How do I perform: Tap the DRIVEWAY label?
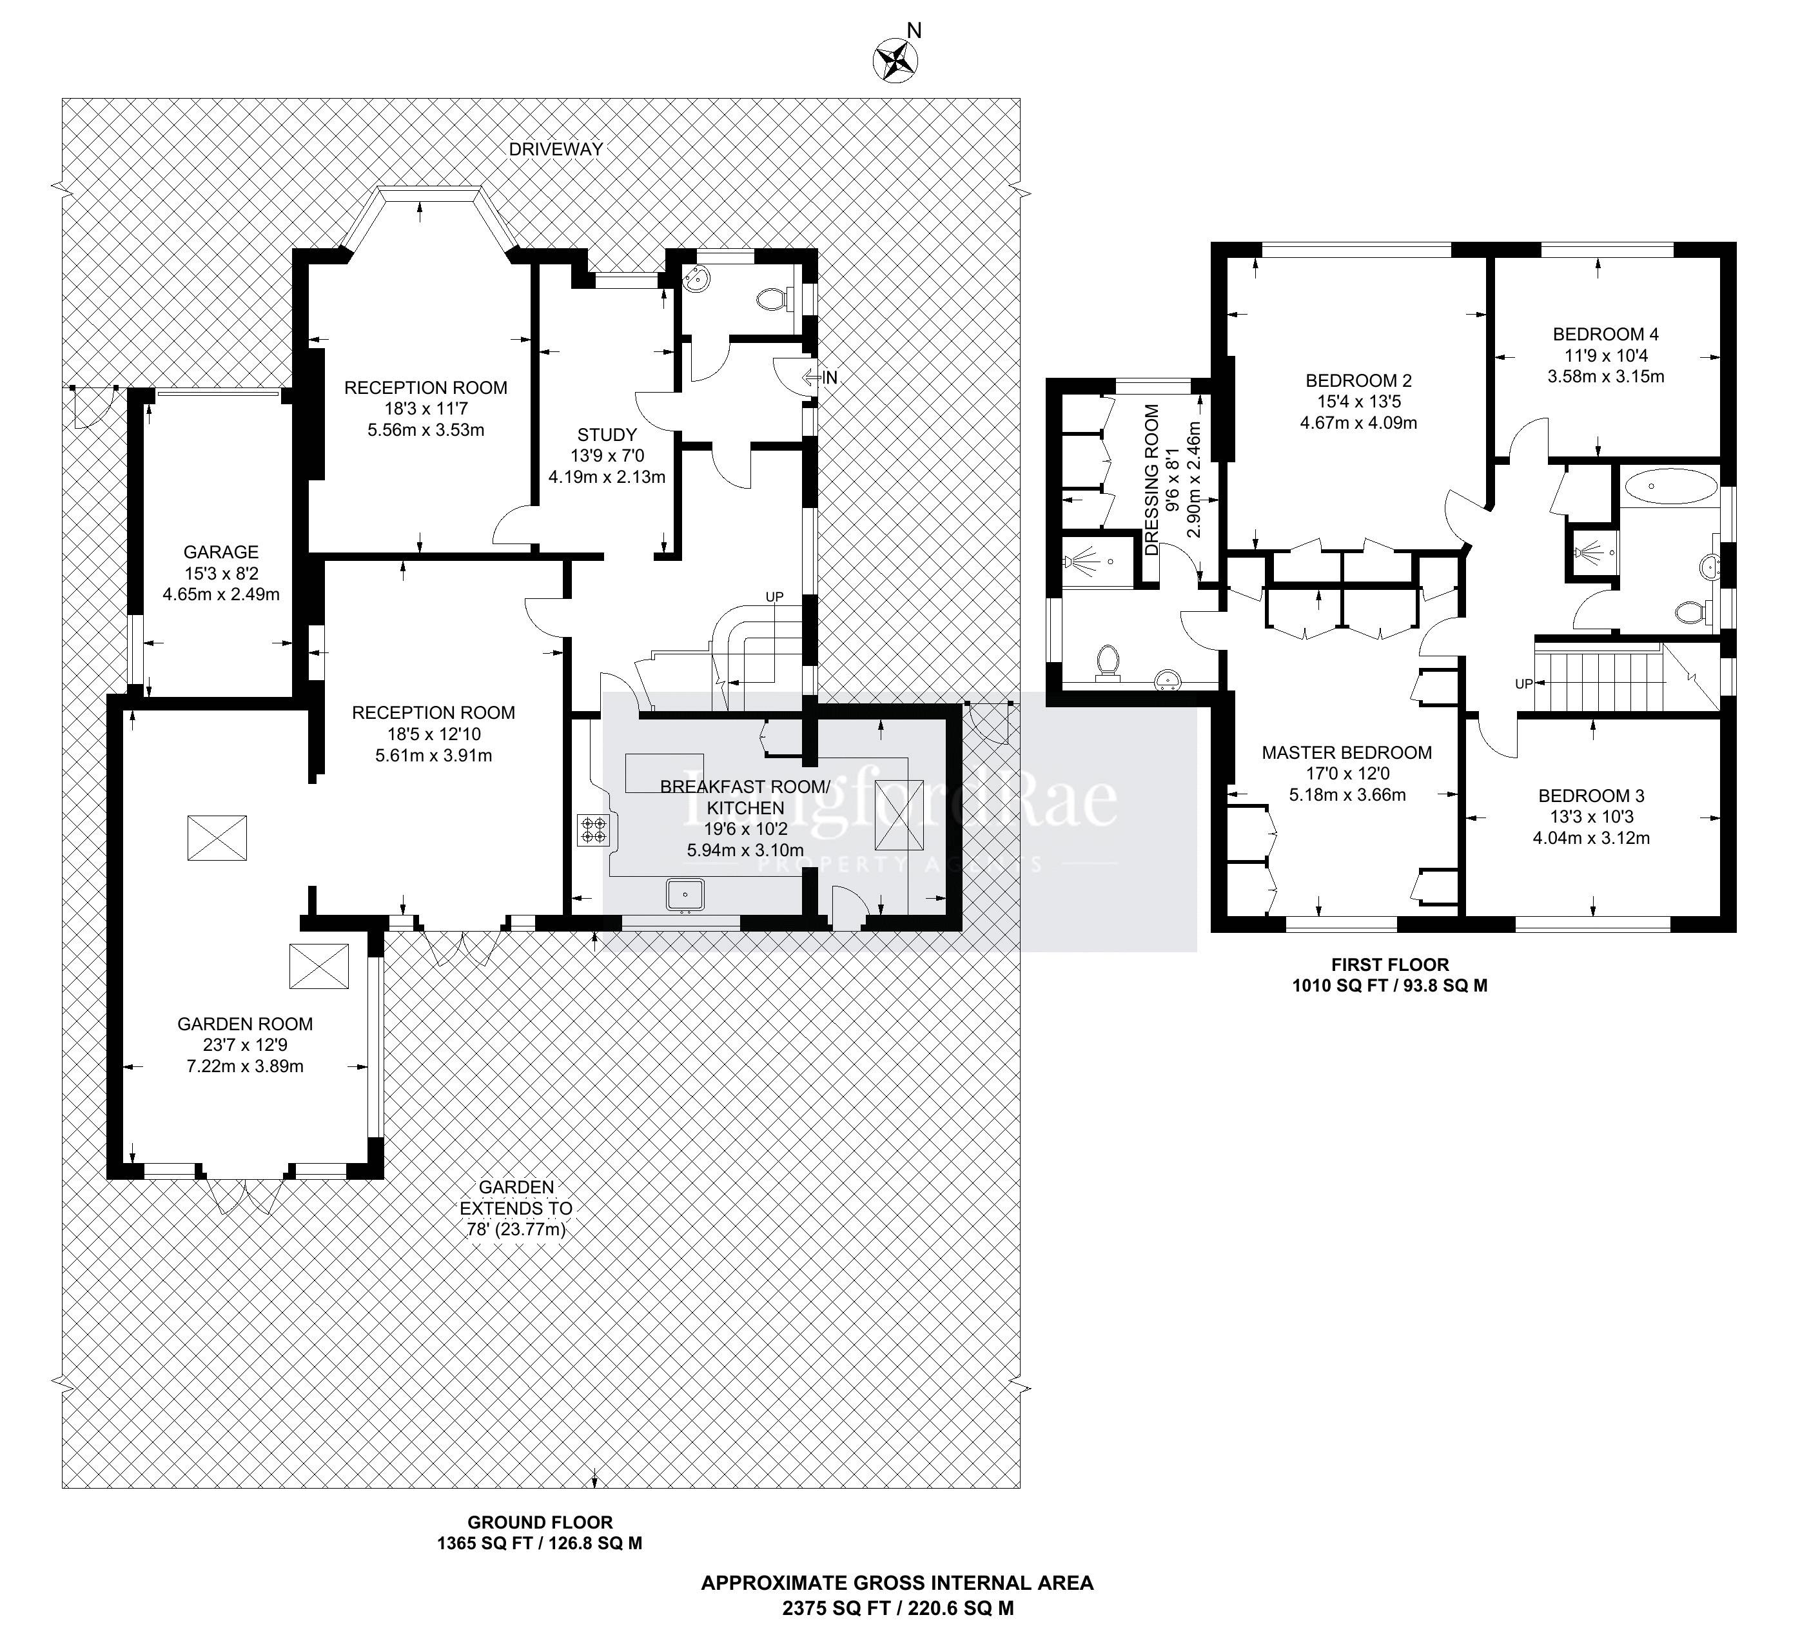pyautogui.click(x=556, y=149)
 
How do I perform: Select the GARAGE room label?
pyautogui.click(x=220, y=552)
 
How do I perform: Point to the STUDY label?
pyautogui.click(x=607, y=435)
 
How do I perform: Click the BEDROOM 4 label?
pyautogui.click(x=1605, y=334)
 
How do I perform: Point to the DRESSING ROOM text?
pyautogui.click(x=1153, y=480)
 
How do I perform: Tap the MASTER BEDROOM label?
pyautogui.click(x=1346, y=753)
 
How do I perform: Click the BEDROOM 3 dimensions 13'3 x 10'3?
pyautogui.click(x=1591, y=817)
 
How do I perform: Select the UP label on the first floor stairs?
pyautogui.click(x=1523, y=684)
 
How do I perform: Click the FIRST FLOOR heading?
pyautogui.click(x=1389, y=964)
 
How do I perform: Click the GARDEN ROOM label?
pyautogui.click(x=244, y=1024)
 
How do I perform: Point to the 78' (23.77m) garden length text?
pyautogui.click(x=516, y=1229)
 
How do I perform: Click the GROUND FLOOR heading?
pyautogui.click(x=540, y=1523)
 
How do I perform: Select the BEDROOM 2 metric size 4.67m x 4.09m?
pyautogui.click(x=1358, y=422)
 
